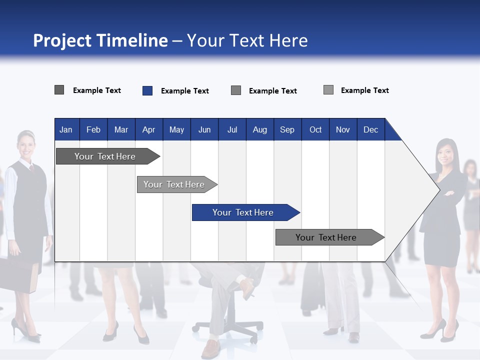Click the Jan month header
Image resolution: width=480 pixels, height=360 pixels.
coord(66,129)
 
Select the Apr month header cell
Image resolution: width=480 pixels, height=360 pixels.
coord(148,129)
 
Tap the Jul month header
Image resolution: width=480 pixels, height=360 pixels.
coord(232,129)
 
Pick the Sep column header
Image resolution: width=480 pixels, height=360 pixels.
coord(287,129)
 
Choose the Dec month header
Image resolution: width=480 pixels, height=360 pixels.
coord(370,129)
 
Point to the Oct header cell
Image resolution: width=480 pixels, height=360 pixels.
coord(315,129)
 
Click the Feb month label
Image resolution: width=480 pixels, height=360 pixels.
coord(93,129)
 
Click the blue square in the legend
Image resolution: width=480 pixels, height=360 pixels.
coord(147,90)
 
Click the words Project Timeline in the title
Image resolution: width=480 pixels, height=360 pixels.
coord(100,40)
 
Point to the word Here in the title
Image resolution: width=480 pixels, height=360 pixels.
coord(288,40)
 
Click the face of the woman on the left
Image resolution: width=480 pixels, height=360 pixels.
coord(26,144)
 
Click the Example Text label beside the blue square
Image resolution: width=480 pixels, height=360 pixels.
coord(184,91)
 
